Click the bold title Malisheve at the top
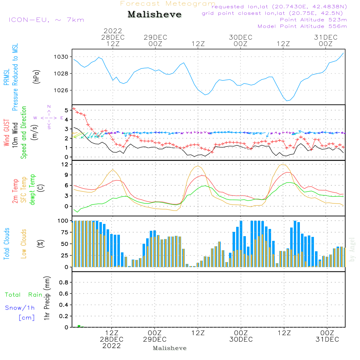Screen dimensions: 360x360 (x=154, y=15)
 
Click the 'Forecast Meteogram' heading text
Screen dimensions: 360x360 (x=168, y=4)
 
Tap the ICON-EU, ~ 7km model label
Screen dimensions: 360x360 (x=46, y=19)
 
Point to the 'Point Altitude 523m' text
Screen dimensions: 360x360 (x=313, y=19)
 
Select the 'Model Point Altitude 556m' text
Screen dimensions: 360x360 (x=302, y=26)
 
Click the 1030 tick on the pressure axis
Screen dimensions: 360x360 (x=61, y=57)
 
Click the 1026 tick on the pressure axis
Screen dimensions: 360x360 (x=61, y=90)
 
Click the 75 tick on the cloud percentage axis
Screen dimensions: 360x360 (x=64, y=232)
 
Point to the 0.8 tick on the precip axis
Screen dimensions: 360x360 (x=63, y=283)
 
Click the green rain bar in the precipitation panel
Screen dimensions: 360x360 (x=79, y=326)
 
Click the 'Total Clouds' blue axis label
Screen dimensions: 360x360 (x=6, y=244)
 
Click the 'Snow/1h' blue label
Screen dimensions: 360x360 (x=20, y=308)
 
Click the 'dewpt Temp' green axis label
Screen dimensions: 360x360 (x=32, y=189)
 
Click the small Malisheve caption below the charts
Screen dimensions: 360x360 (x=170, y=348)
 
